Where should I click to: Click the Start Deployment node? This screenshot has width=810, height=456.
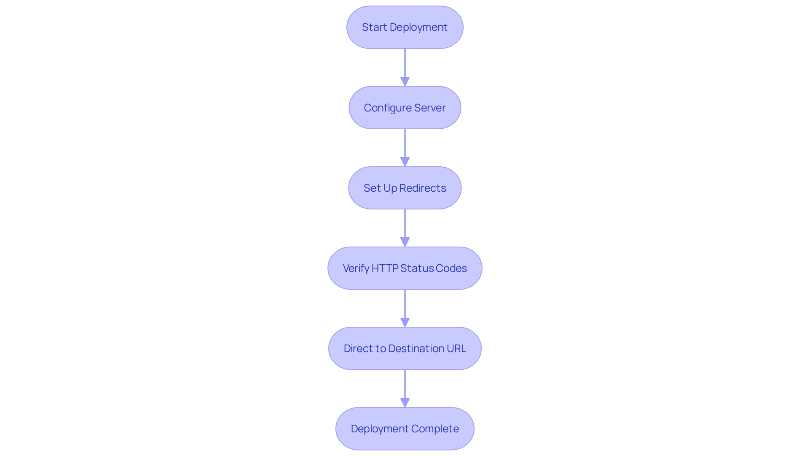(x=405, y=27)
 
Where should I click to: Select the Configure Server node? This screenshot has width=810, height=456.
(x=405, y=108)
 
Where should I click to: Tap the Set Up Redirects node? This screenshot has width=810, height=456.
(x=405, y=188)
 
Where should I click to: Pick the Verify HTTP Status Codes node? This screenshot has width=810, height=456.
(x=405, y=268)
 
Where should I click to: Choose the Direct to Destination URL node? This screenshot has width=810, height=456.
(x=405, y=348)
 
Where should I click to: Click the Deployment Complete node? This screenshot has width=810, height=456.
(x=405, y=429)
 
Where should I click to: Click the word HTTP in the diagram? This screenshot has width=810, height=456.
(x=384, y=268)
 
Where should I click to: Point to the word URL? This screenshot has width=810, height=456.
(x=456, y=348)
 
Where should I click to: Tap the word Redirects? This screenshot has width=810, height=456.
(x=423, y=188)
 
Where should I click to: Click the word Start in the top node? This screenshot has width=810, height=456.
(x=374, y=27)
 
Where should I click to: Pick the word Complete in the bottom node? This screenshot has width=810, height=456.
(x=435, y=429)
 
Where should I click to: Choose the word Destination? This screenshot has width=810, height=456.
(x=416, y=348)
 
